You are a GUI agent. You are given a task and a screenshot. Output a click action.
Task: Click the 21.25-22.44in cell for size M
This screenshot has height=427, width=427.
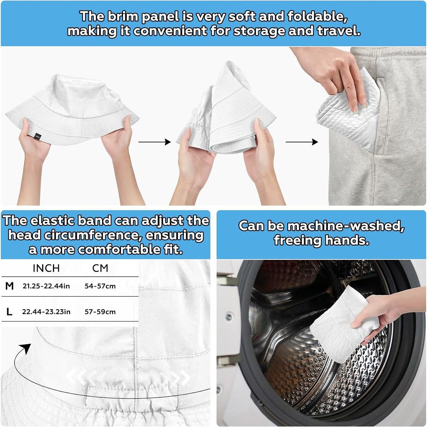click(x=46, y=286)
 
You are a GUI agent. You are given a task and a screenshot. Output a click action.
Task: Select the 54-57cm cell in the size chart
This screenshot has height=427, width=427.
click(x=100, y=286)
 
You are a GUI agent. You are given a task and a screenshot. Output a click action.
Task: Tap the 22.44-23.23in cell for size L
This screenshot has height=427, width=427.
click(x=46, y=312)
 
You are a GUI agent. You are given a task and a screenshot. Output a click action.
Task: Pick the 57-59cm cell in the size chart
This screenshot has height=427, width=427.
click(x=100, y=312)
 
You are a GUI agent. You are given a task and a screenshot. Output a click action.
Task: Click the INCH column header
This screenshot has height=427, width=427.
click(x=46, y=268)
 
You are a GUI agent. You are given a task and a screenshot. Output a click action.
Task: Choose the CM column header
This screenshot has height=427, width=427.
click(x=100, y=268)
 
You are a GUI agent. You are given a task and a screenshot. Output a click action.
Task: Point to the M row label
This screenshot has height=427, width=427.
click(x=10, y=286)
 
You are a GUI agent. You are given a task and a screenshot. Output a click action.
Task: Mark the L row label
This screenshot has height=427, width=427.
click(x=9, y=312)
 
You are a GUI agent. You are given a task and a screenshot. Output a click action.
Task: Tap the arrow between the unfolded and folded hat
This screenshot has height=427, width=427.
click(x=155, y=142)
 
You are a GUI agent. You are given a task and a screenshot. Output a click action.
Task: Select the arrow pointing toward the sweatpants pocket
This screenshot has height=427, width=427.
click(x=302, y=142)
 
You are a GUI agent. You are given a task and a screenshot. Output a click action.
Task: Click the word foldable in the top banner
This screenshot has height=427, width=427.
click(x=317, y=17)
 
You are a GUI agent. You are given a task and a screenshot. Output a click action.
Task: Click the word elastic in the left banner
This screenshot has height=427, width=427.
click(x=52, y=221)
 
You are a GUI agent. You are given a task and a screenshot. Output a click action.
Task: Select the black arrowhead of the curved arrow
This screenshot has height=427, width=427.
click(x=26, y=348)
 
